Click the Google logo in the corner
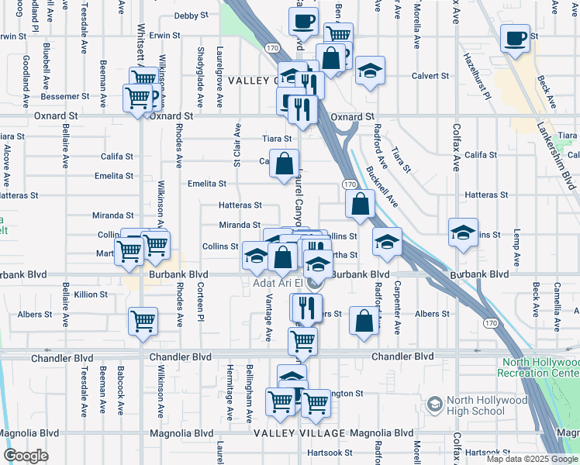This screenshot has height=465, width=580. [x=26, y=456]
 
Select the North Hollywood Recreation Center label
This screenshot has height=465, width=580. [x=540, y=367]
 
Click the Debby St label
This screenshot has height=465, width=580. [x=192, y=15]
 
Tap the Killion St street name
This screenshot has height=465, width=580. [x=91, y=294]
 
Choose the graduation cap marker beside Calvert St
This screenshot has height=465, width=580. [x=371, y=71]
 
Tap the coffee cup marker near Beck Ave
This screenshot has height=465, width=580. [x=515, y=38]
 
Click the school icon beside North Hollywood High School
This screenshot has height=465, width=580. [x=434, y=405]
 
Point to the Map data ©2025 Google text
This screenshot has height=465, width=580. [x=531, y=459]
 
